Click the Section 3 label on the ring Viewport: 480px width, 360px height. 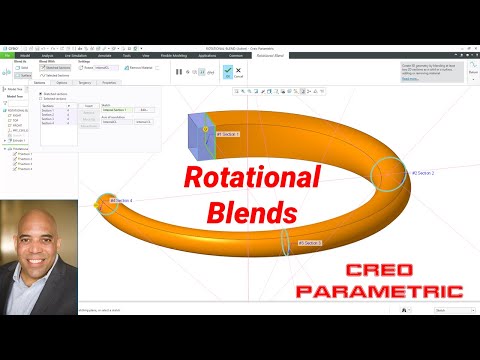(308, 242)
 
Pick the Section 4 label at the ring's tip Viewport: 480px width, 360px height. (120, 201)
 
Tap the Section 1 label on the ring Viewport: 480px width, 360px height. (228, 133)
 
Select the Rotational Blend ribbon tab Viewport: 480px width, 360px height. (270, 56)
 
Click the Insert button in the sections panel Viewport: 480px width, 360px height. (88, 104)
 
